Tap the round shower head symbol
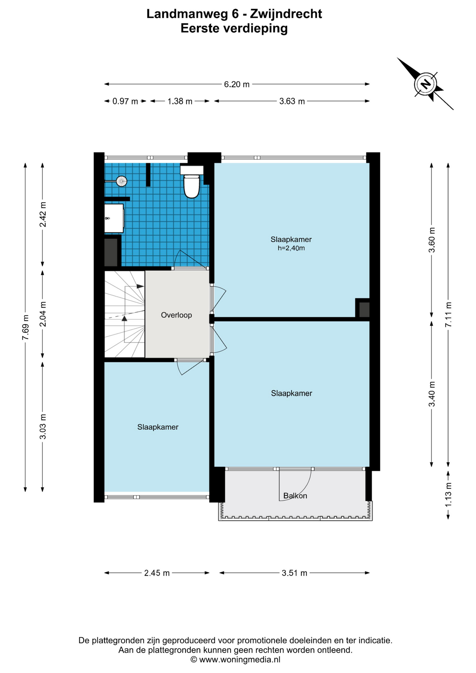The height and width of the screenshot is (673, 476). (121, 181)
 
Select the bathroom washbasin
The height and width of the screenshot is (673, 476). (114, 218)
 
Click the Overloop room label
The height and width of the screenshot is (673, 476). (176, 315)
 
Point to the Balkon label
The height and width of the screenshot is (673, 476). (295, 496)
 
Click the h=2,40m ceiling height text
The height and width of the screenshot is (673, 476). (291, 248)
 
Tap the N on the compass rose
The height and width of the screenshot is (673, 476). (426, 84)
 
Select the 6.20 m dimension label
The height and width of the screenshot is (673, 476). (237, 84)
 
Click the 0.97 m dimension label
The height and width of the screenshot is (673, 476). (125, 102)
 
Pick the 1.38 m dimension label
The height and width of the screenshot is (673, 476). (180, 102)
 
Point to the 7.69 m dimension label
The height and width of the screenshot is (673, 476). (25, 327)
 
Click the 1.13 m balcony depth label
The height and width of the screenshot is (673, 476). (448, 494)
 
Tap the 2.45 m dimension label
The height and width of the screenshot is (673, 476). (157, 573)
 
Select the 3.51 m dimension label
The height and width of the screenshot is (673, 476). (294, 573)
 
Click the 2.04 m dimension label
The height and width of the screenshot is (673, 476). (43, 314)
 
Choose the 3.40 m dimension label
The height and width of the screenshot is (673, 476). (432, 394)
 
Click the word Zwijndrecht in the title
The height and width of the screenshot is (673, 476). (286, 14)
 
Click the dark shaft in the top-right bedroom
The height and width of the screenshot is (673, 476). (364, 310)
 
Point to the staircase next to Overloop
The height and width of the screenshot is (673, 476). (124, 314)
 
